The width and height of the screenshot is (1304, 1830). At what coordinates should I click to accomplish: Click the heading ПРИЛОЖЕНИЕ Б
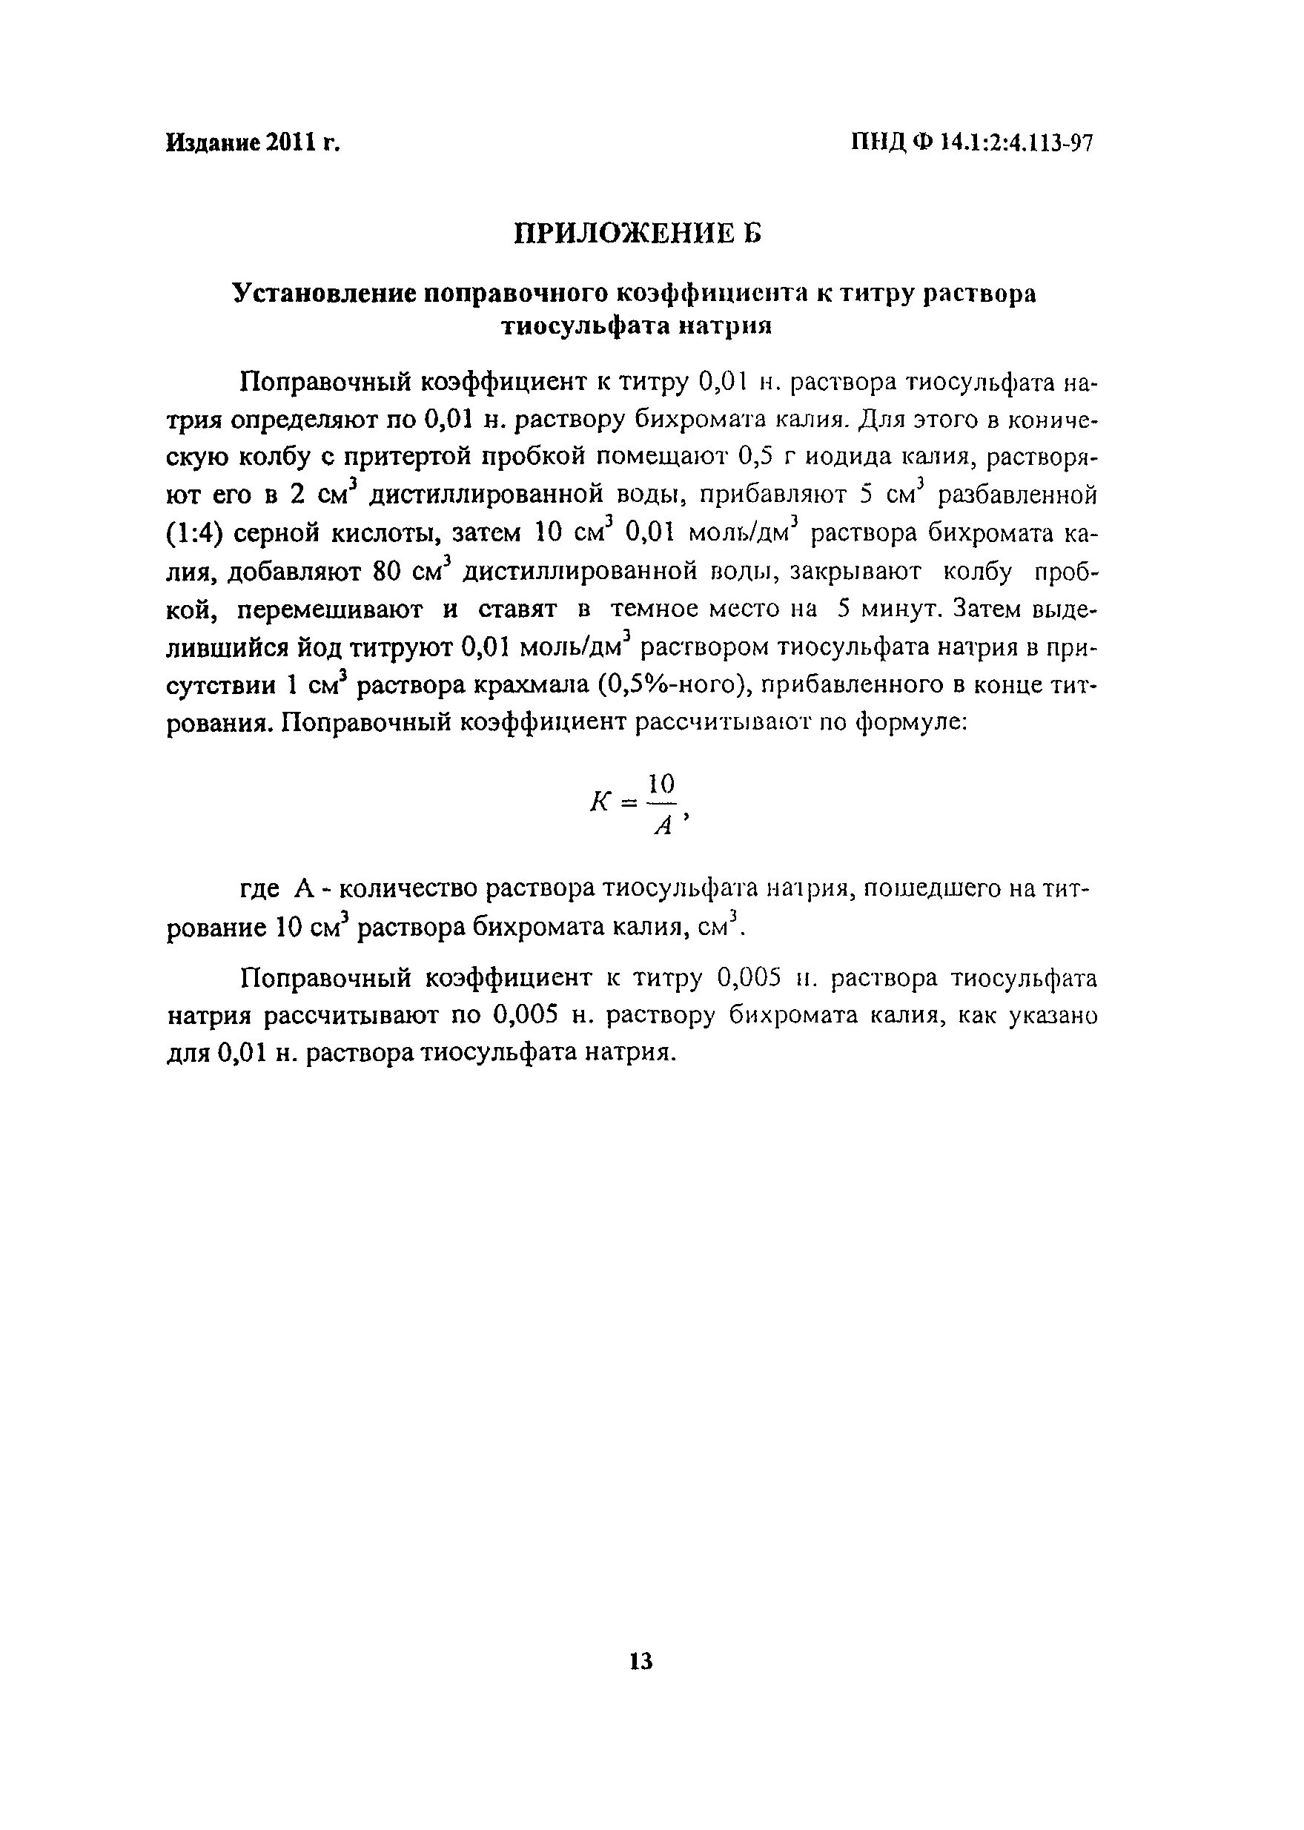tap(637, 234)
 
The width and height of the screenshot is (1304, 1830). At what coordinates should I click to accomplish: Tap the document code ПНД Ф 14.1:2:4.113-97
tap(972, 144)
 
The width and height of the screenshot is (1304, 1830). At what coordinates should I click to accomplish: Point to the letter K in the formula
tap(600, 801)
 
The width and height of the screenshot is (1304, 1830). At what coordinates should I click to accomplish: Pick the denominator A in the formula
tap(663, 825)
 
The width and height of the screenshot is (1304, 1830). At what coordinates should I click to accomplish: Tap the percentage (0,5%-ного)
tap(669, 686)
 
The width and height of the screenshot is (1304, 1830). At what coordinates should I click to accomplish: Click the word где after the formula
tap(260, 890)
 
